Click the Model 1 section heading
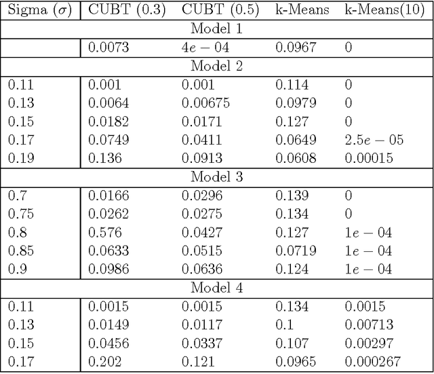point(217,31)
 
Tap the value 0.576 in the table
point(101,232)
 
